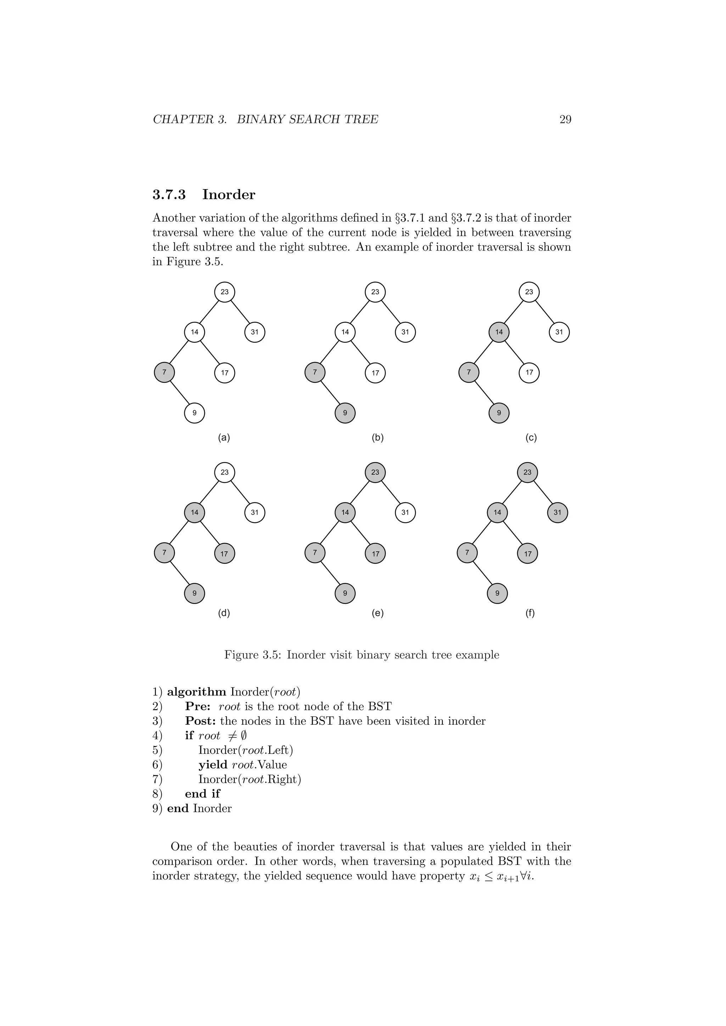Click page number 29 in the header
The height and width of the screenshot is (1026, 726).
565,119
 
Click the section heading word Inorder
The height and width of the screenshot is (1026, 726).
229,195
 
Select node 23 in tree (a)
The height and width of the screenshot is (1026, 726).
224,292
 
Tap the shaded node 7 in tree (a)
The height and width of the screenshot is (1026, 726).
164,372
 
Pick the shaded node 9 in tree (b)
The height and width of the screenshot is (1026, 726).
345,413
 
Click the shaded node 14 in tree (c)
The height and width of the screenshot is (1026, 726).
499,332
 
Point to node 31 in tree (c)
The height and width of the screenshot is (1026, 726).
559,332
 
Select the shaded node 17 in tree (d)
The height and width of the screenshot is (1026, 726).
224,554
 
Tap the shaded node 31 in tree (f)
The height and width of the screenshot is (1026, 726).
557,513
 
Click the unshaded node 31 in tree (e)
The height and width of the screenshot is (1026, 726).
405,513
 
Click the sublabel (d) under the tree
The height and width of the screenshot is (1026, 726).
224,613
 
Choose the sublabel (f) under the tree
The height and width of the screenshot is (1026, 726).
530,613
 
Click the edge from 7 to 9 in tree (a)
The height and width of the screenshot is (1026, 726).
179,393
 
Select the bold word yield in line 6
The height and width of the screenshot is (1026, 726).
213,765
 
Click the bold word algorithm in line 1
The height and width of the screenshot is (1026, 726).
197,692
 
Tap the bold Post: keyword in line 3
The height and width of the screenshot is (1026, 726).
201,721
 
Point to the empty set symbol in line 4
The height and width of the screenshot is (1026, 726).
243,736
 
